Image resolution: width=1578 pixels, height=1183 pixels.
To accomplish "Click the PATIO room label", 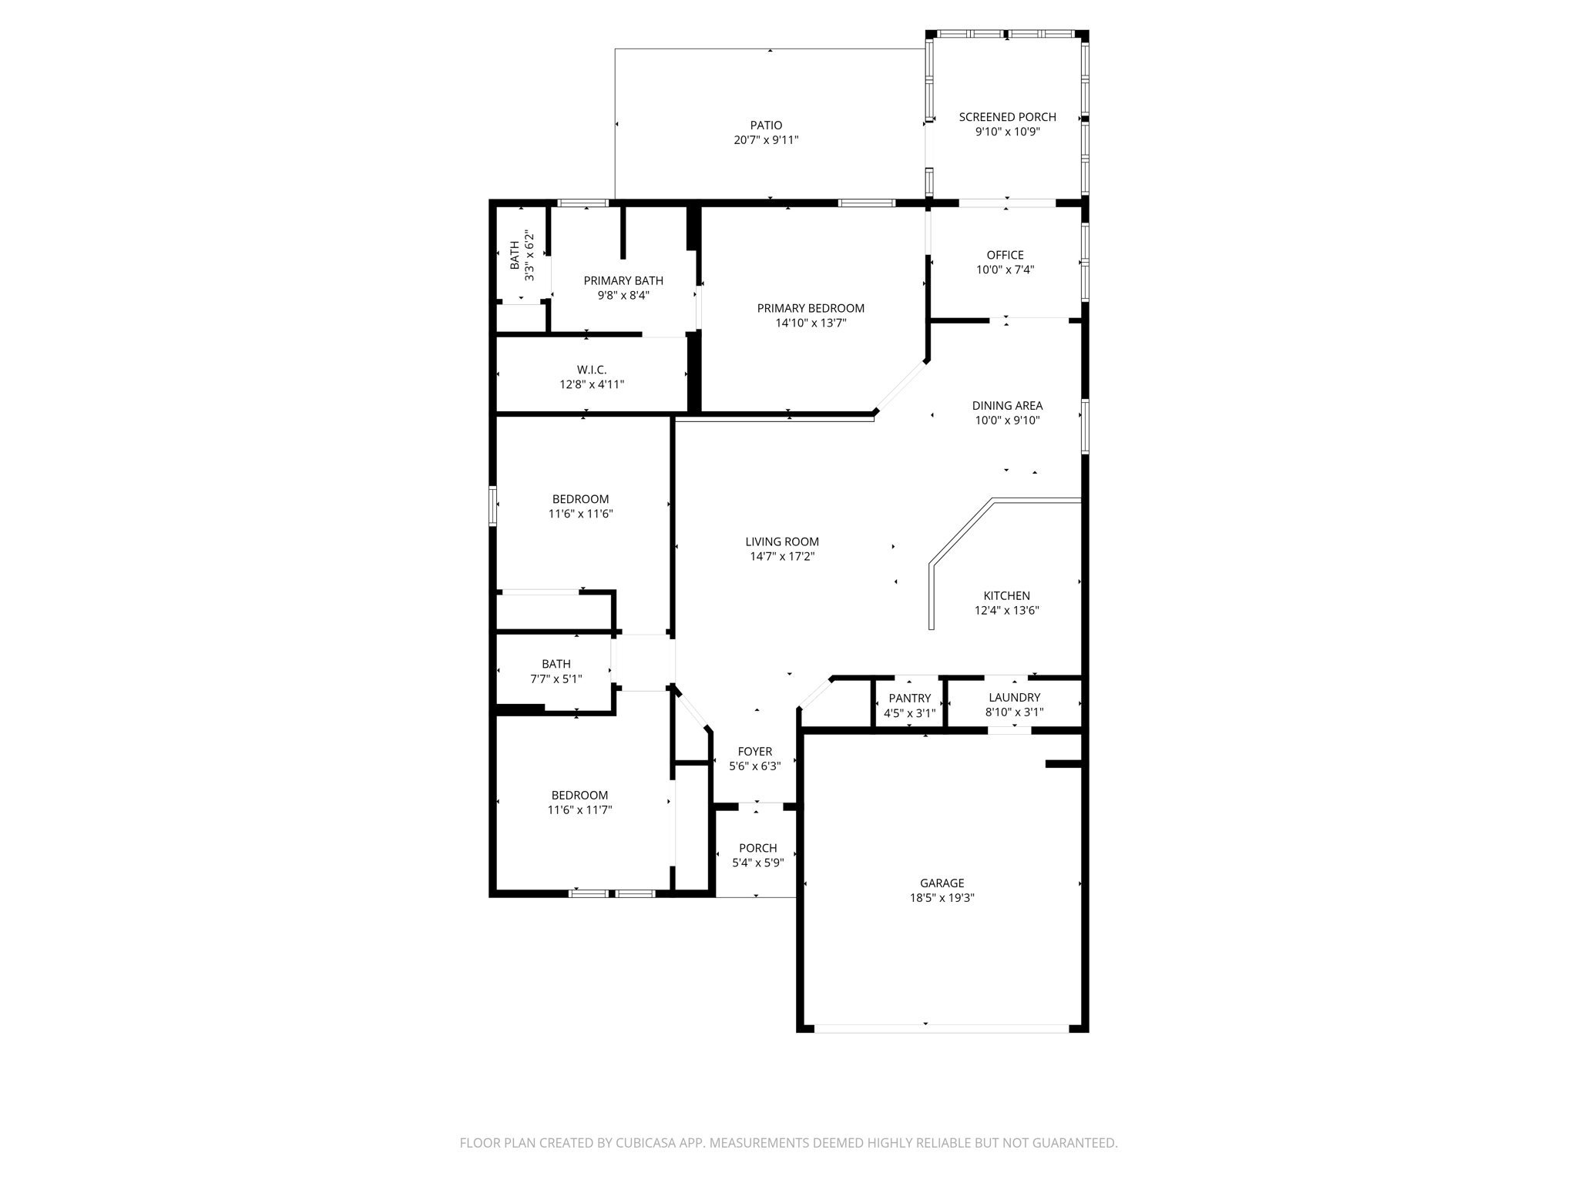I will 766,126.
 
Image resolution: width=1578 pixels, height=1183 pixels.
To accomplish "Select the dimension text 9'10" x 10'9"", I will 1007,132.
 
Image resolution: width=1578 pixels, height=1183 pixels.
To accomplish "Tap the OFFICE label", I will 1005,255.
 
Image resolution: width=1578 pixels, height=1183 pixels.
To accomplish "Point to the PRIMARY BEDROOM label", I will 811,308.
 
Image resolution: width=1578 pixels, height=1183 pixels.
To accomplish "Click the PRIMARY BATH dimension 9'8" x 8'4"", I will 623,295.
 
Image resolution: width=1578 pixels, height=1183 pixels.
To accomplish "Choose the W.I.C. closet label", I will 591,370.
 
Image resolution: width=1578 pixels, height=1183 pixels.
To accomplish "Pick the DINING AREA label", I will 1006,406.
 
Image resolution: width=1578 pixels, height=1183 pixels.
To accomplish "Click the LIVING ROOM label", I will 781,541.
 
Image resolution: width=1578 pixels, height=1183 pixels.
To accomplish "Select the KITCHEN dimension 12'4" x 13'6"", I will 1006,611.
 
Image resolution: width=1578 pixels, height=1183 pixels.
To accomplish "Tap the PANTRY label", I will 909,699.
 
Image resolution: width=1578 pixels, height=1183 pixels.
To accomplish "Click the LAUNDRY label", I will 1014,697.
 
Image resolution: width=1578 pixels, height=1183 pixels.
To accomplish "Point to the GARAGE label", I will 942,883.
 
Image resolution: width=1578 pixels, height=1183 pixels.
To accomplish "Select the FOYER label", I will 754,752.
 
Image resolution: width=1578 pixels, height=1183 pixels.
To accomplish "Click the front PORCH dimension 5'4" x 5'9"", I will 757,863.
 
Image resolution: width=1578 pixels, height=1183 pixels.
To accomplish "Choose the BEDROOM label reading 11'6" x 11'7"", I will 579,795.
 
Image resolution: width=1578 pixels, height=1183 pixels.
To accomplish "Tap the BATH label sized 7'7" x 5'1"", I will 556,664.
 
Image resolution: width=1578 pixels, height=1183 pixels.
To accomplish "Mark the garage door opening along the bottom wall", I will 942,1028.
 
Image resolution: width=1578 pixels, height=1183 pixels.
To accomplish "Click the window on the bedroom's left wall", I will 492,505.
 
